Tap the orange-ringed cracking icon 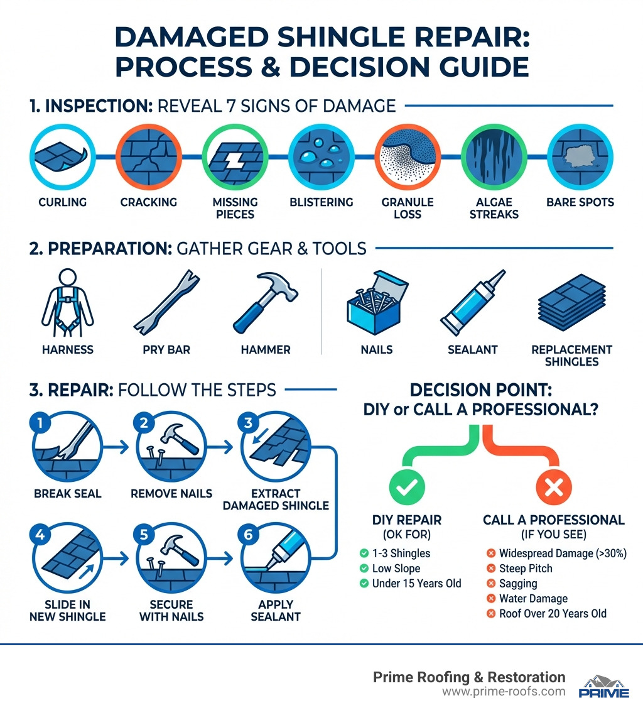148,160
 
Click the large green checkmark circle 406,486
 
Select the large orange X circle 553,486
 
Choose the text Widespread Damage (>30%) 552,553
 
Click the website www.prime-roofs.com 503,692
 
